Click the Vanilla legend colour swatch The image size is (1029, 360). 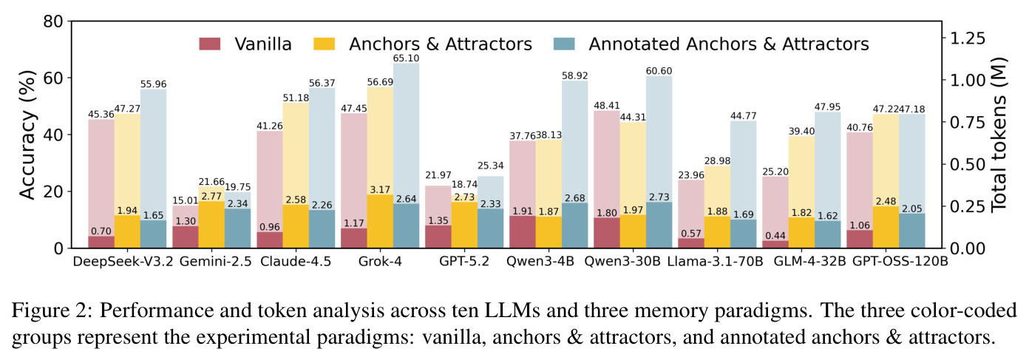[210, 44]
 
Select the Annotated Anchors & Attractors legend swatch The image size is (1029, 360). [564, 44]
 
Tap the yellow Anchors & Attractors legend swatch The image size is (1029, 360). [325, 44]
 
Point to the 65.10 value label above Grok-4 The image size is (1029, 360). [406, 58]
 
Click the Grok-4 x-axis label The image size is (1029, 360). [380, 261]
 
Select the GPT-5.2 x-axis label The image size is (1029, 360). [464, 261]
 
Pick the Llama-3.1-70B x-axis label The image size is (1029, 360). [715, 261]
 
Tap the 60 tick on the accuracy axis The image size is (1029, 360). [53, 78]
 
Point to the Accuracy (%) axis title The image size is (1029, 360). [27, 135]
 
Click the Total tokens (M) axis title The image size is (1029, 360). [999, 135]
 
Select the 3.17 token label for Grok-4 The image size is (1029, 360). [380, 190]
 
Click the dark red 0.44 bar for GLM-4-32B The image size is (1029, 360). [775, 244]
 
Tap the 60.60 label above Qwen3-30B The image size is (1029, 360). [659, 71]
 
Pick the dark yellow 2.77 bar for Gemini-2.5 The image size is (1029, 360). [211, 225]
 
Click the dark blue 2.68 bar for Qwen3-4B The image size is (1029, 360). [574, 225]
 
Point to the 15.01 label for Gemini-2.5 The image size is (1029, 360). [185, 200]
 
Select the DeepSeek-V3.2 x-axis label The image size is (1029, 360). [123, 261]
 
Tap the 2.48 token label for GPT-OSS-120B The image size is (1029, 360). [886, 202]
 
